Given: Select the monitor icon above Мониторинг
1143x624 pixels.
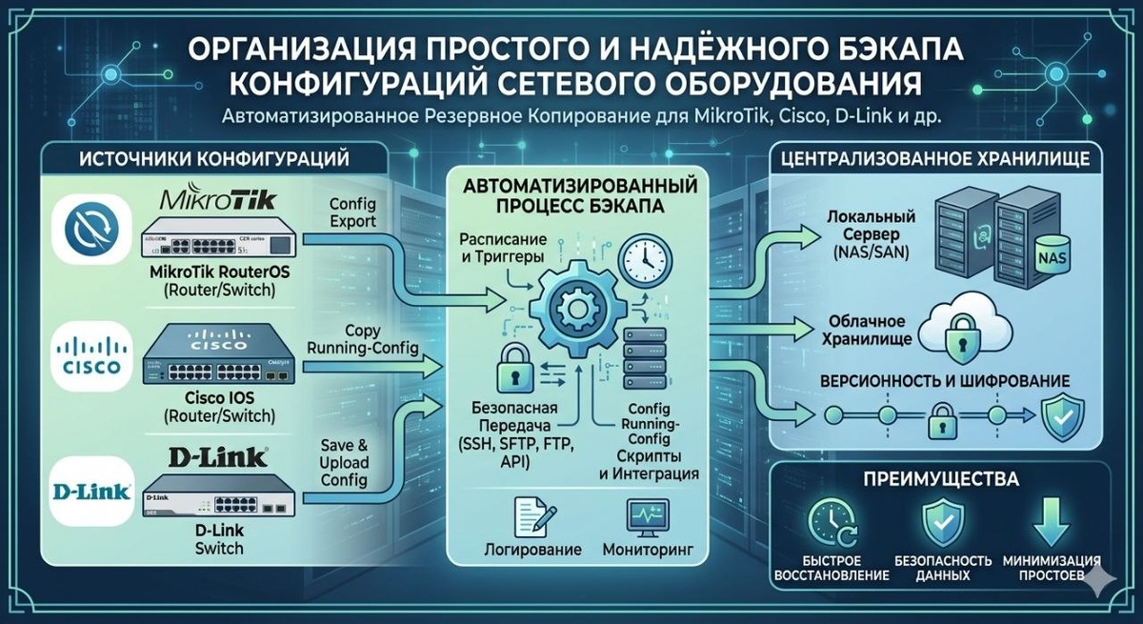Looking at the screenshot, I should [x=649, y=517].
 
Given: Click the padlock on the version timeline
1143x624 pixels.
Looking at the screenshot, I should [x=941, y=416].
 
